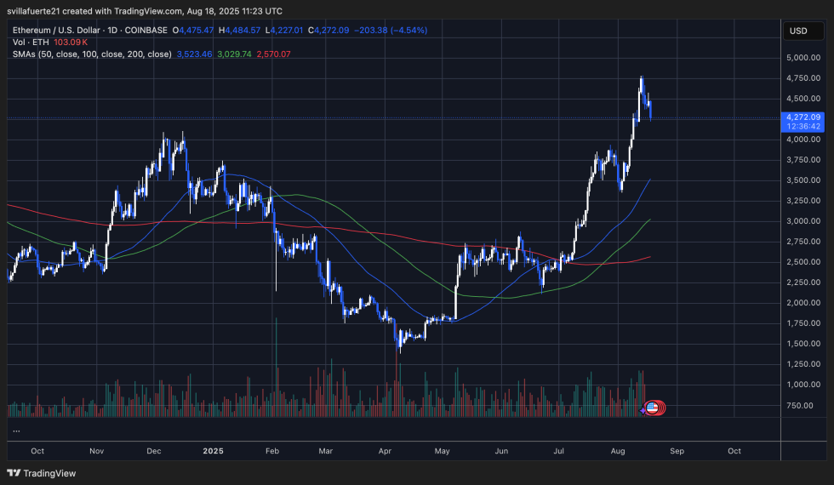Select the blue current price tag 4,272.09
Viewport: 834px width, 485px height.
pyautogui.click(x=803, y=117)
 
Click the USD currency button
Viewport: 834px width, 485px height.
pyautogui.click(x=798, y=31)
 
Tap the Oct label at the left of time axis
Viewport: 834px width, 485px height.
pyautogui.click(x=37, y=450)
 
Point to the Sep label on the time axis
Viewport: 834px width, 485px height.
pyautogui.click(x=676, y=450)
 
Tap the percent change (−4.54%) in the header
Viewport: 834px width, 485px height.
pyautogui.click(x=408, y=30)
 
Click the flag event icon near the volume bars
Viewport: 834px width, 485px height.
pyautogui.click(x=653, y=408)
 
